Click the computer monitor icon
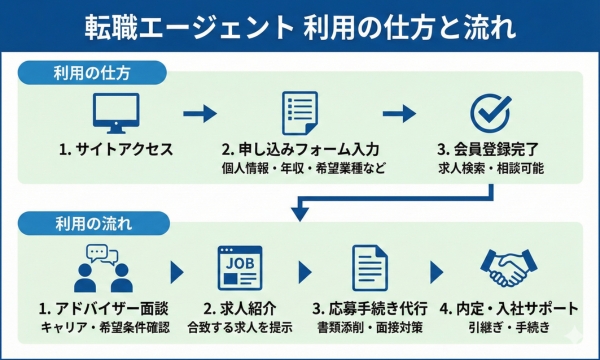click(x=116, y=112)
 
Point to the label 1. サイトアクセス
click(x=116, y=150)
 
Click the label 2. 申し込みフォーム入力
click(x=300, y=150)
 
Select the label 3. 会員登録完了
click(x=490, y=150)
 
